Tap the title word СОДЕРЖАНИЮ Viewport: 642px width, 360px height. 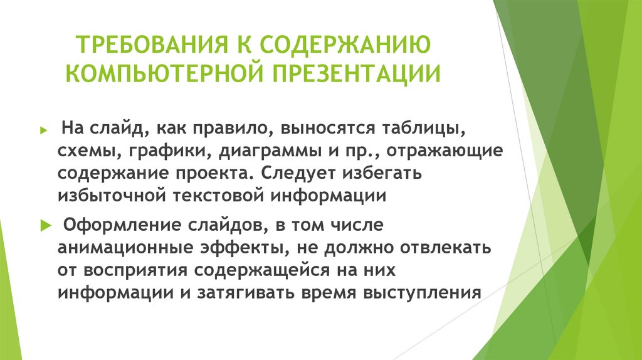344,47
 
